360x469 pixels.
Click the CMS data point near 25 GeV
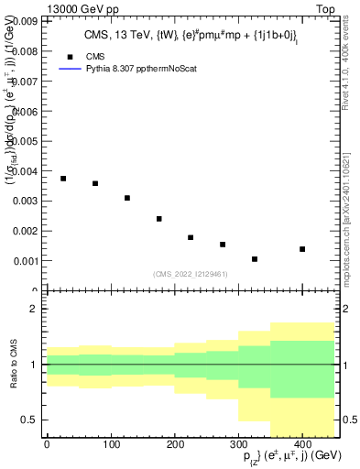(63, 179)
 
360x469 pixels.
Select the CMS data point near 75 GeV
(95, 183)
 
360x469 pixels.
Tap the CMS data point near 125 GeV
(127, 198)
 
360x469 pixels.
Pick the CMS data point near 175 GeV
(159, 219)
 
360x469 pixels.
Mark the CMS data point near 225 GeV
(191, 237)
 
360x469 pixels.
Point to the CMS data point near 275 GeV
(223, 245)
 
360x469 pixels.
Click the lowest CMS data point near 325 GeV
(255, 259)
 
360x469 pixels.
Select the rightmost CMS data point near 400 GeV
(302, 249)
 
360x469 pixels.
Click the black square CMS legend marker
(71, 55)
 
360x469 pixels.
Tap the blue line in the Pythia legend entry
(71, 69)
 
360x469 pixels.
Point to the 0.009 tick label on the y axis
(25, 19)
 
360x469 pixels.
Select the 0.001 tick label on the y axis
(25, 261)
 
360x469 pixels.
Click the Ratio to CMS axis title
(12, 364)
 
